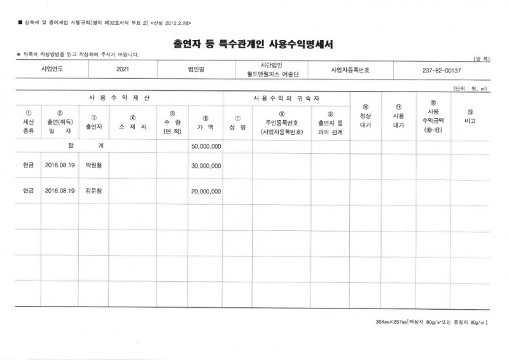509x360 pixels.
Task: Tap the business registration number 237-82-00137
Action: coord(441,70)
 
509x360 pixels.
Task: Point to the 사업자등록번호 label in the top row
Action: coord(350,69)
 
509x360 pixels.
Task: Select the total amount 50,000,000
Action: coord(206,146)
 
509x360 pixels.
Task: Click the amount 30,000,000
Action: coord(206,165)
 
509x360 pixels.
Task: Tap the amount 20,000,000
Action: coord(206,190)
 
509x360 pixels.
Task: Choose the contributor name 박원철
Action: coord(95,165)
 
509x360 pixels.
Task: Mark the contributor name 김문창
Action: coord(95,190)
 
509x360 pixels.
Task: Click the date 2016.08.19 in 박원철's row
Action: coord(60,165)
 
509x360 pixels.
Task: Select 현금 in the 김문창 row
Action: coord(28,190)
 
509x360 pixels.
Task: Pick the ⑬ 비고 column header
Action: coord(470,115)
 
